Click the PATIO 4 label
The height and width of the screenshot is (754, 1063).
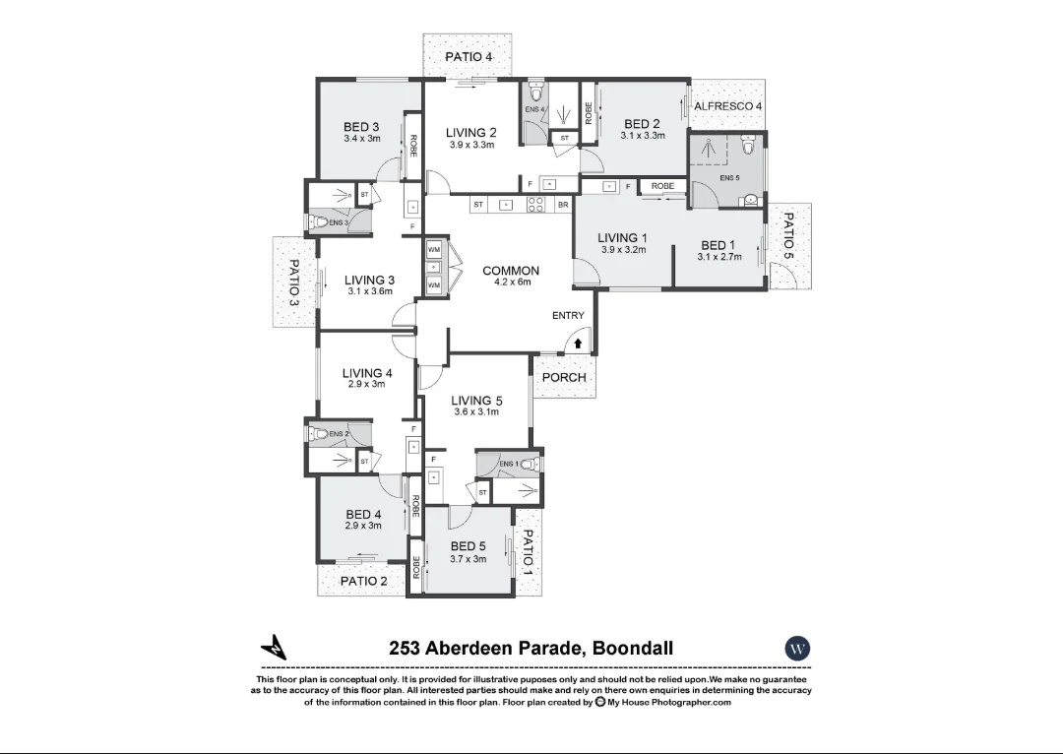[469, 57]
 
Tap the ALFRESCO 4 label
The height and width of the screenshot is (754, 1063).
[727, 106]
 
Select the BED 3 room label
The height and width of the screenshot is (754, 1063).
[361, 127]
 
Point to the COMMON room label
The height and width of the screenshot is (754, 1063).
[511, 271]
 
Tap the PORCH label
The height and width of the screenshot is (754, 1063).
[564, 377]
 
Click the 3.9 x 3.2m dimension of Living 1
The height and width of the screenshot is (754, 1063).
[623, 250]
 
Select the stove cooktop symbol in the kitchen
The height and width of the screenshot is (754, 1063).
[536, 205]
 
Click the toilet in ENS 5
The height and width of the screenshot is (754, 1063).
[749, 147]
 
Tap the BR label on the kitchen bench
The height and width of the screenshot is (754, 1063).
[563, 205]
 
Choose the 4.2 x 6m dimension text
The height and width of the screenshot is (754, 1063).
[512, 283]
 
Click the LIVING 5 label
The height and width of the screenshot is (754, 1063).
[476, 401]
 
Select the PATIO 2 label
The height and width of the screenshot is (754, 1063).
[363, 581]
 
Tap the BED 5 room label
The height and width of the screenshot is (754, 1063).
[468, 546]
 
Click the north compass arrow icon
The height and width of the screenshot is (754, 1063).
[274, 648]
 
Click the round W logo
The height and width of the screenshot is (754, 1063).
[797, 649]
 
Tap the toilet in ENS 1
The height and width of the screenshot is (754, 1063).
[527, 465]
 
